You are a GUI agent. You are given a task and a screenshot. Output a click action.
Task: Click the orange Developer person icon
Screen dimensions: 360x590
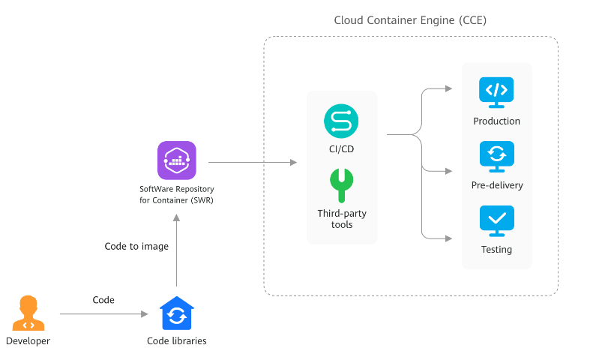pos(28,313)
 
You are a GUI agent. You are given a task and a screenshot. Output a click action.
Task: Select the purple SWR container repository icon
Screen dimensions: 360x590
pos(177,160)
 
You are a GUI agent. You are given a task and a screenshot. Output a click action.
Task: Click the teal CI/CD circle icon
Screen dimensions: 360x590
pos(341,121)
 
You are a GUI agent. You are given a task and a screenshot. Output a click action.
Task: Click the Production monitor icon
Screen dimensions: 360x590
pos(496,91)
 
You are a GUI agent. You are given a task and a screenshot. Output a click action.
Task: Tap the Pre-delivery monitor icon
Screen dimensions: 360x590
pos(496,155)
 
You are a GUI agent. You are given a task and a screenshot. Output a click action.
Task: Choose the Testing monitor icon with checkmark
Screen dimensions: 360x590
pos(496,220)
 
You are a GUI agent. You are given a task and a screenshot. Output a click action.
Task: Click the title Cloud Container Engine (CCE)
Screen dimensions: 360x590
pos(410,20)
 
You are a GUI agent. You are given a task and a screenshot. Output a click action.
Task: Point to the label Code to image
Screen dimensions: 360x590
pos(136,246)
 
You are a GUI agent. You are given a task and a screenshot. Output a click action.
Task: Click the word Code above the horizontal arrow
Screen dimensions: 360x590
pos(103,300)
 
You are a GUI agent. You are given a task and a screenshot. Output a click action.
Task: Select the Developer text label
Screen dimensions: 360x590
pos(28,341)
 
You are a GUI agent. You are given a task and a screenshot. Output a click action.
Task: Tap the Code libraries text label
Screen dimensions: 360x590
pos(177,341)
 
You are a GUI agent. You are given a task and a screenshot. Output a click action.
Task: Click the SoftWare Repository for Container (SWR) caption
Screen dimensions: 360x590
pos(177,194)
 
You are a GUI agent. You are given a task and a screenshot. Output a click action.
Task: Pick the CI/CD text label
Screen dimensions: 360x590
pos(341,149)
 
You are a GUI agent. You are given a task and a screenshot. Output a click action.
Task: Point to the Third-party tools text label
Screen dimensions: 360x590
pos(341,219)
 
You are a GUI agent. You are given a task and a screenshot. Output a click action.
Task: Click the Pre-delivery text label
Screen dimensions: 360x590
pos(496,185)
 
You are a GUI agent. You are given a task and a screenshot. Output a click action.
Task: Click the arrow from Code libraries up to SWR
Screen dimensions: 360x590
pos(177,251)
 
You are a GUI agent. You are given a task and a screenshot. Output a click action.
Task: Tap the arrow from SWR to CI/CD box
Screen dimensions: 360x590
pos(252,162)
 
